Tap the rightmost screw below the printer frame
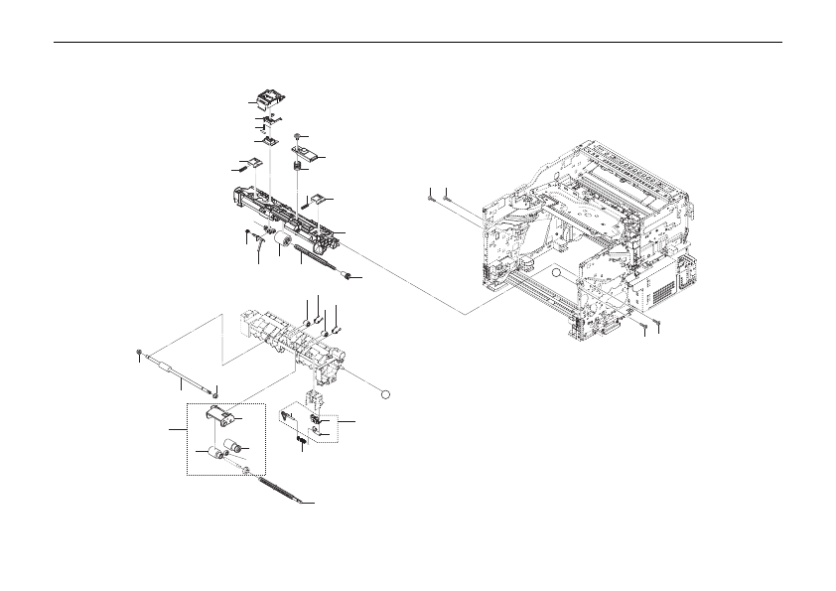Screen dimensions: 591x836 656,325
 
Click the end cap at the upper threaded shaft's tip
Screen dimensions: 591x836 348,273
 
